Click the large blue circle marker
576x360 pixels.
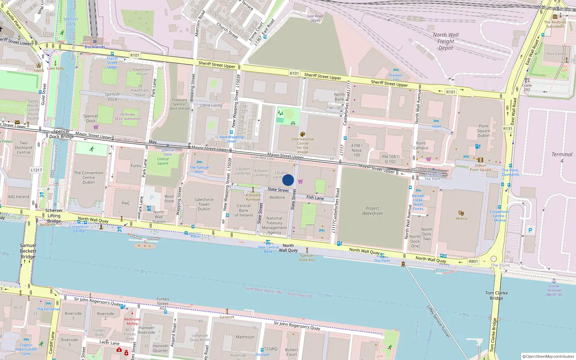coord(288,180)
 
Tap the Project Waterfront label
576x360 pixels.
coord(372,211)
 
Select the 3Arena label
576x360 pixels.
coord(461,219)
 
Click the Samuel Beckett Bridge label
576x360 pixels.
coord(28,251)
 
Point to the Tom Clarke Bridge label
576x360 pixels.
coord(496,295)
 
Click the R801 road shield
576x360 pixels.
coord(473,261)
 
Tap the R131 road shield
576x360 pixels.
coord(508,129)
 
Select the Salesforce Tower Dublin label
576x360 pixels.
coord(204,204)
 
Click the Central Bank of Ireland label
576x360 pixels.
coord(244,210)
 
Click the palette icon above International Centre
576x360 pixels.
coord(303,134)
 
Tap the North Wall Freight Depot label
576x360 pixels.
coord(446,41)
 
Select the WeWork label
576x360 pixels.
coord(277,197)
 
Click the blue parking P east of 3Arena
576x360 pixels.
coord(530,230)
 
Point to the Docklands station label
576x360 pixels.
coord(95,47)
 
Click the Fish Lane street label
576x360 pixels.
coord(315,198)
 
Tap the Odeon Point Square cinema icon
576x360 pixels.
coord(480,160)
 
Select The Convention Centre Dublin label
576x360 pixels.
coord(89,177)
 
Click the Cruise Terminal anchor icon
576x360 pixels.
coord(554,281)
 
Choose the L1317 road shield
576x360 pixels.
coord(36,170)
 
